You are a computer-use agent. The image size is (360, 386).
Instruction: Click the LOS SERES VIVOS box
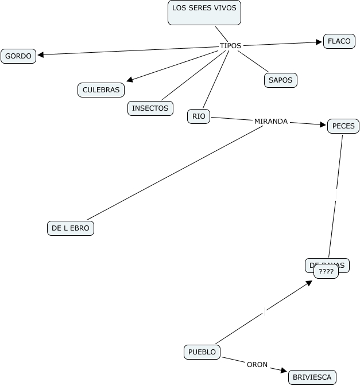click(204, 13)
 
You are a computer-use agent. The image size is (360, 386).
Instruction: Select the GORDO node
click(18, 56)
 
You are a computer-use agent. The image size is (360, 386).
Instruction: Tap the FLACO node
click(339, 41)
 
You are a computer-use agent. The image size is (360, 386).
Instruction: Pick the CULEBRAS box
click(101, 90)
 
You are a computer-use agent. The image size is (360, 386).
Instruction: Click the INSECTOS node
click(150, 108)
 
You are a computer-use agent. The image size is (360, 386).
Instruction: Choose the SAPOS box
click(281, 80)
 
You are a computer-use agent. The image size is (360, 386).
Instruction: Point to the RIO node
click(199, 116)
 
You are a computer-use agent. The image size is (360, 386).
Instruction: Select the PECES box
click(343, 126)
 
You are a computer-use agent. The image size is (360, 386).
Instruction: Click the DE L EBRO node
click(70, 228)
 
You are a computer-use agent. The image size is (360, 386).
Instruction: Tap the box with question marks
click(326, 272)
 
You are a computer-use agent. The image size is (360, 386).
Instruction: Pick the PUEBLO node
click(202, 352)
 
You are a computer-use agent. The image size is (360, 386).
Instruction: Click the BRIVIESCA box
click(312, 377)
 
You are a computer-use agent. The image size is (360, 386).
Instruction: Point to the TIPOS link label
click(230, 46)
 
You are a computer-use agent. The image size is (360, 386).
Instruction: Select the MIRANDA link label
click(270, 122)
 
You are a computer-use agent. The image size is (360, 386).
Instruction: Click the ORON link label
click(257, 364)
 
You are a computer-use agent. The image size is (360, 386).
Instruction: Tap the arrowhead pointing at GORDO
click(41, 55)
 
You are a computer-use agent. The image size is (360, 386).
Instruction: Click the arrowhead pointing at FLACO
click(319, 42)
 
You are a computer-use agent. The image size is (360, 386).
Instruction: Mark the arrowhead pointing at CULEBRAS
click(130, 80)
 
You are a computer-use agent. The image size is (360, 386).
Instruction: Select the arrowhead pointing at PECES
click(322, 124)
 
